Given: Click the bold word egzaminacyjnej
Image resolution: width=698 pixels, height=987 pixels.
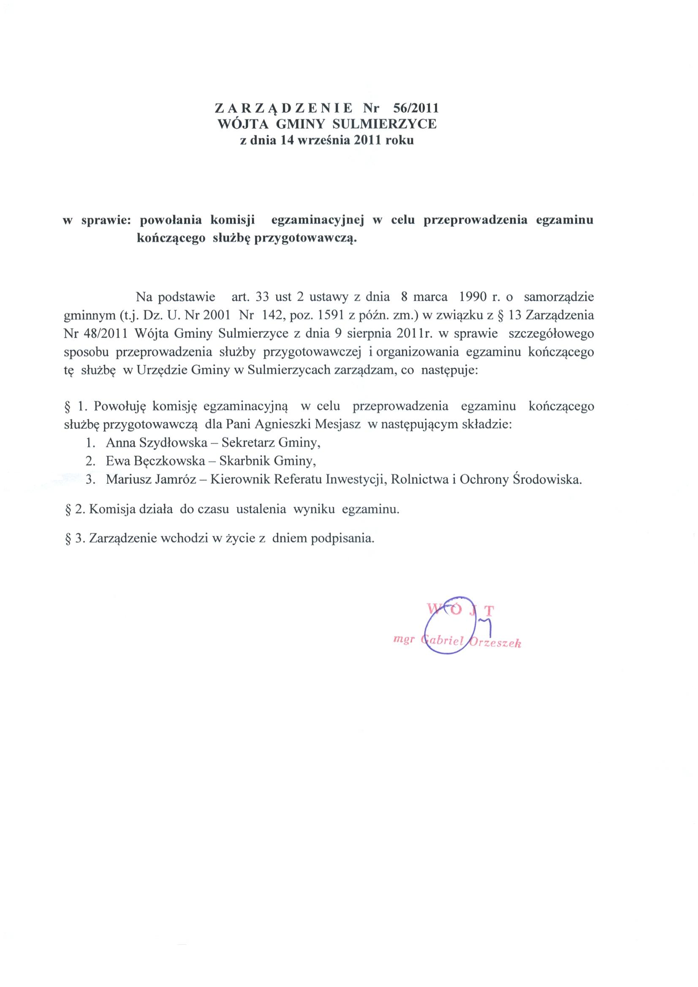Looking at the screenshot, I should pyautogui.click(x=318, y=220).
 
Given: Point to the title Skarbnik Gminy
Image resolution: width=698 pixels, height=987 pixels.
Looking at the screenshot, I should pyautogui.click(x=267, y=461).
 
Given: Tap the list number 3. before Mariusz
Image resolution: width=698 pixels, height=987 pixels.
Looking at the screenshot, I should pyautogui.click(x=90, y=480).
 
